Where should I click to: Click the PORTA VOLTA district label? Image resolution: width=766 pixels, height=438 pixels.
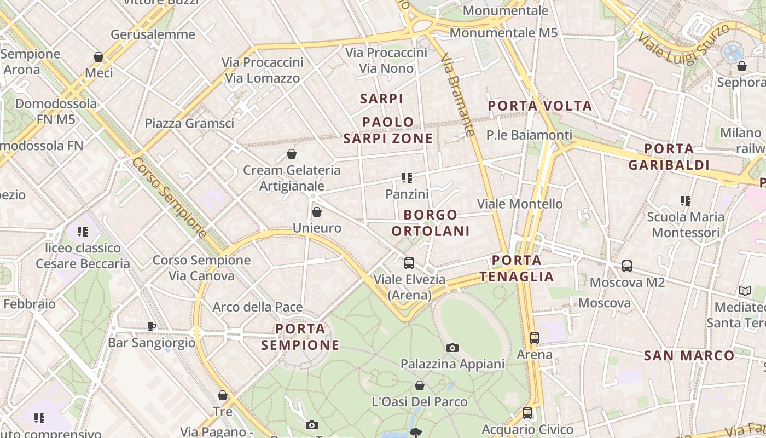coord(539,106)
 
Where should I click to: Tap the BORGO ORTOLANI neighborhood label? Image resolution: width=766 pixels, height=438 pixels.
coord(431,223)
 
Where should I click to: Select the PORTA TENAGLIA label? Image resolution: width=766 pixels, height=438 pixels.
coord(517,268)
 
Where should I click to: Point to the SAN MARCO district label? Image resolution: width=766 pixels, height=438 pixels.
coord(689,356)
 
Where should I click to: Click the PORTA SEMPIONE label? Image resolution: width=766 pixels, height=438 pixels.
coord(300,337)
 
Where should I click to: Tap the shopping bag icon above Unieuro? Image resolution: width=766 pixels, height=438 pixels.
coord(316,211)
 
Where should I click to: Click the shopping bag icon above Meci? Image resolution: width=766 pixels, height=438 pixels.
coord(98,57)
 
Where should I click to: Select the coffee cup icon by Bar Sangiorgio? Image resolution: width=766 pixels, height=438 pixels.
coord(152,326)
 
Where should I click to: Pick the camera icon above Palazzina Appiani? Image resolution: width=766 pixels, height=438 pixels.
coord(452,348)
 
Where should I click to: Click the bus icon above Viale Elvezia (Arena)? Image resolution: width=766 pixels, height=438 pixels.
coord(409,263)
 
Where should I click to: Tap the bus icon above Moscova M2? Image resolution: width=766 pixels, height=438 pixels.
coord(627,266)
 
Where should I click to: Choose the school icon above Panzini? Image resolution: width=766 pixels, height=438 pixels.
coord(407,177)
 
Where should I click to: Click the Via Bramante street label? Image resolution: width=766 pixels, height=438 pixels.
coord(457,94)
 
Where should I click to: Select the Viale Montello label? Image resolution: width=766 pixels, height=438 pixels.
coord(520,204)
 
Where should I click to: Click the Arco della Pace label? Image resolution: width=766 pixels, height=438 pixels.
coord(257,307)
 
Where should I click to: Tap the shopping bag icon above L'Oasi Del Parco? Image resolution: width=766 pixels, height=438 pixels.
coord(420,385)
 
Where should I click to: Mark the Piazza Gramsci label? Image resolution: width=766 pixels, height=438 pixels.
coord(189,123)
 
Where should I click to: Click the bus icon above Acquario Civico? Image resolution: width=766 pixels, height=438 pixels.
coord(527,413)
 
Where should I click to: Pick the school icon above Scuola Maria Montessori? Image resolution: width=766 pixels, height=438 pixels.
coord(686,201)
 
